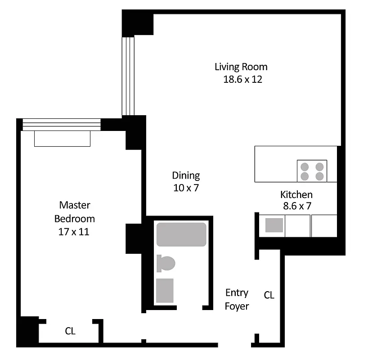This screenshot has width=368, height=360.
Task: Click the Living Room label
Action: tap(241, 67)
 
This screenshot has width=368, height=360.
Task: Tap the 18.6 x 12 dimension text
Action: tap(242, 80)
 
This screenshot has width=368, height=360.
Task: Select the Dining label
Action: tap(186, 175)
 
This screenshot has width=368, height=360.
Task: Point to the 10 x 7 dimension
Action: tap(186, 188)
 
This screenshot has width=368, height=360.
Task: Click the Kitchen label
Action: tap(296, 194)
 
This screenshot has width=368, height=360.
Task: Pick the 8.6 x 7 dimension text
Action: tap(296, 206)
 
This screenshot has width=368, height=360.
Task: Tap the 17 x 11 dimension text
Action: tap(75, 232)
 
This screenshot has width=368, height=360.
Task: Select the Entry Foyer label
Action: tap(237, 299)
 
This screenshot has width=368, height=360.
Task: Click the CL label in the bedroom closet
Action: tap(70, 331)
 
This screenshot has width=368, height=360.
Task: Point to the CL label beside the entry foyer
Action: tap(269, 295)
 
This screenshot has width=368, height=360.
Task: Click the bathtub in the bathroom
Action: tap(181, 234)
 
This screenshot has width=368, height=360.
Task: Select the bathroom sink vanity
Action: tap(165, 290)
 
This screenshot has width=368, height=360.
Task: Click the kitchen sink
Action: tap(274, 225)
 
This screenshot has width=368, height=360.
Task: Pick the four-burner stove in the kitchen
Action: tap(312, 171)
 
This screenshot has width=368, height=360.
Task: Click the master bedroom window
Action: tap(61, 125)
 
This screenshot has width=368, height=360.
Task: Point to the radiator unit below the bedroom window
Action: tap(62, 139)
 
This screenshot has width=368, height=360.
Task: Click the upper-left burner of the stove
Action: tap(305, 166)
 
